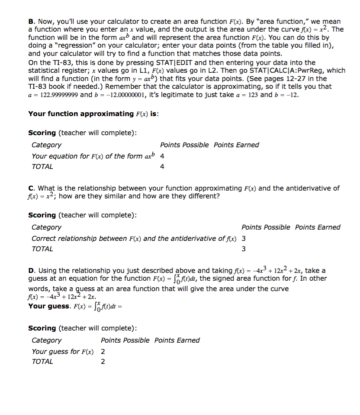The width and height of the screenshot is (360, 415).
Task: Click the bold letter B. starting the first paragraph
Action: [x=31, y=22]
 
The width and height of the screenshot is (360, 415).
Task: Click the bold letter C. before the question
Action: [x=31, y=188]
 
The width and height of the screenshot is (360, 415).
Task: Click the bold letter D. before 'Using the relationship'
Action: [x=31, y=271]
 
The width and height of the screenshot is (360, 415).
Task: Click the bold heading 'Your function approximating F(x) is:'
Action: [x=93, y=114]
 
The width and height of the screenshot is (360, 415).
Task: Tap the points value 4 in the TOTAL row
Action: [x=162, y=167]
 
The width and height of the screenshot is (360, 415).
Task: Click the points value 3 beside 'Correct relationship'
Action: [x=244, y=239]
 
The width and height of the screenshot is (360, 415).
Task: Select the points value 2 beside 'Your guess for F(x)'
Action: [x=103, y=352]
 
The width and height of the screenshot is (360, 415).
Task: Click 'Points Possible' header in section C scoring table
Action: [x=266, y=227]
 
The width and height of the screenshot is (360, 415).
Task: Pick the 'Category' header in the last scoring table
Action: [x=46, y=340]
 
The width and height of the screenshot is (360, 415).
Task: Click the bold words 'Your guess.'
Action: [x=49, y=306]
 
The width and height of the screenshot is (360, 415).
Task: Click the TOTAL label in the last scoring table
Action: [x=42, y=362]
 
